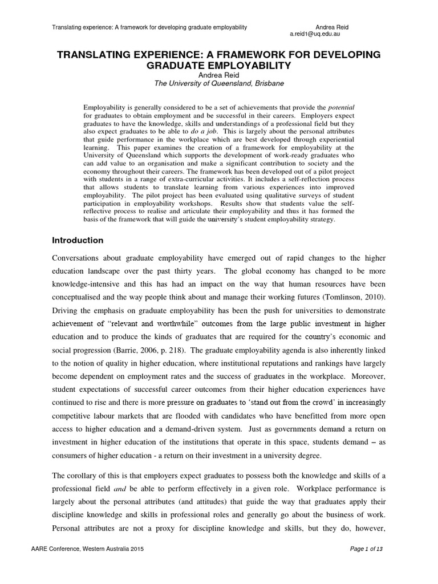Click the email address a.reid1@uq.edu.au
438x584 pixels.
click(315, 34)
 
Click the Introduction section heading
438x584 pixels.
click(78, 240)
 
